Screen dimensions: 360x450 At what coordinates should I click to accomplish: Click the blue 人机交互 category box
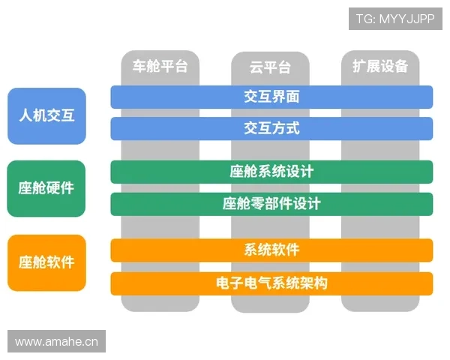click(46, 115)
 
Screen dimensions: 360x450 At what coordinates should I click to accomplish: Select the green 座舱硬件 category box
click(46, 188)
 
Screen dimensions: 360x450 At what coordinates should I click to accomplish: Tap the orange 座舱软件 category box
click(46, 262)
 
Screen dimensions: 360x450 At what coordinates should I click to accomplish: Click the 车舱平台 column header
click(160, 66)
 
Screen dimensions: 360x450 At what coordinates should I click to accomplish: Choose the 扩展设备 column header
click(380, 66)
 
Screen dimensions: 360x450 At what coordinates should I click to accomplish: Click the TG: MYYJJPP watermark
click(394, 18)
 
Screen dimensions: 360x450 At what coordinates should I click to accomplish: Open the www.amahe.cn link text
click(57, 342)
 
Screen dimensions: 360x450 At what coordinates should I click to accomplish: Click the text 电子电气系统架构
click(271, 283)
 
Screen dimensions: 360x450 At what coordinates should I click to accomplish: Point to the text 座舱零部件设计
click(271, 203)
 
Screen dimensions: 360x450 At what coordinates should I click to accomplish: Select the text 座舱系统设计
click(271, 172)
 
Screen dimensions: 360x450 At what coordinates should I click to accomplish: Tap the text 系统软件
click(271, 250)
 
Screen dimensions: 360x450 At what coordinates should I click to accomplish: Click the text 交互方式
click(271, 128)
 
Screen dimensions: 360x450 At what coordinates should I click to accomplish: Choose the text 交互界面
click(271, 97)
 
